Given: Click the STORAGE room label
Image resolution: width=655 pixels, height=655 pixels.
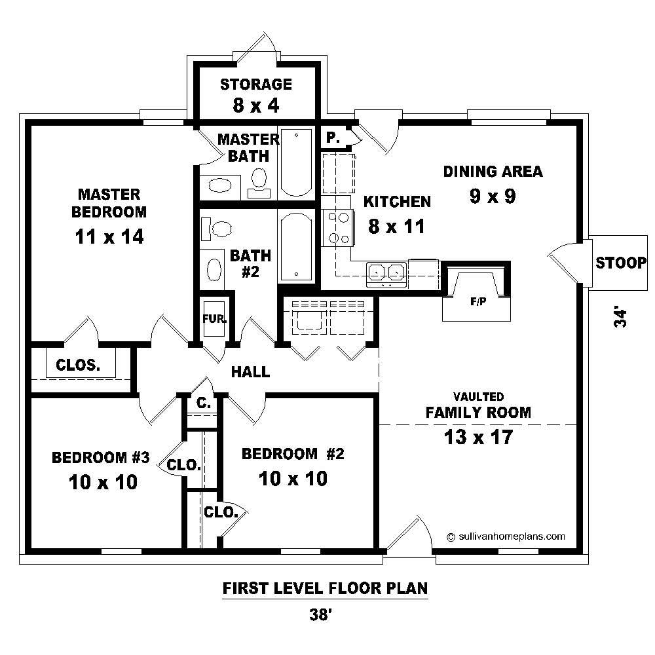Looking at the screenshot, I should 255,84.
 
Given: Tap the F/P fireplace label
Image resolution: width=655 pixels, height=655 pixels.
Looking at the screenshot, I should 477,303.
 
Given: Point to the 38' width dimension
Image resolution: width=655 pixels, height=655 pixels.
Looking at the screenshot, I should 326,614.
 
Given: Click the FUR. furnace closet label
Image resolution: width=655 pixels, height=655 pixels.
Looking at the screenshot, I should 215,319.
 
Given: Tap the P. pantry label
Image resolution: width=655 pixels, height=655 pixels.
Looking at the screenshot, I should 332,138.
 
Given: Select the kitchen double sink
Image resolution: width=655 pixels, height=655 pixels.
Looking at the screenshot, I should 386,272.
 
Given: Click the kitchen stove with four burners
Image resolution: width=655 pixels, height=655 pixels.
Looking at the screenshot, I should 337,227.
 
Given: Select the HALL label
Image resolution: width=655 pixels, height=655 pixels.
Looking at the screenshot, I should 250,372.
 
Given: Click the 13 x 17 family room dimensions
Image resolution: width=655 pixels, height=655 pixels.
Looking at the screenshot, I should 477,437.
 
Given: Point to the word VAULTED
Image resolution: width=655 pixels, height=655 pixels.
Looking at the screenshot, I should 478,397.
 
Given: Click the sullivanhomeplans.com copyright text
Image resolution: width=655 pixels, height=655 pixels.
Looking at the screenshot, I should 506,536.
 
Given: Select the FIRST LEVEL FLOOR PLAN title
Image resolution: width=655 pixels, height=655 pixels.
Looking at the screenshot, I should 325,588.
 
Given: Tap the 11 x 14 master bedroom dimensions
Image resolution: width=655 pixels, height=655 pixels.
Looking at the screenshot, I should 109,236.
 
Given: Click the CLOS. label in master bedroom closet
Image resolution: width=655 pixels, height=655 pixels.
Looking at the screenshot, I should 78,365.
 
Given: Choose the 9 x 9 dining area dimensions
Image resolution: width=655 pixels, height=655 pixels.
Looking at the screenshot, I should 493,196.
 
